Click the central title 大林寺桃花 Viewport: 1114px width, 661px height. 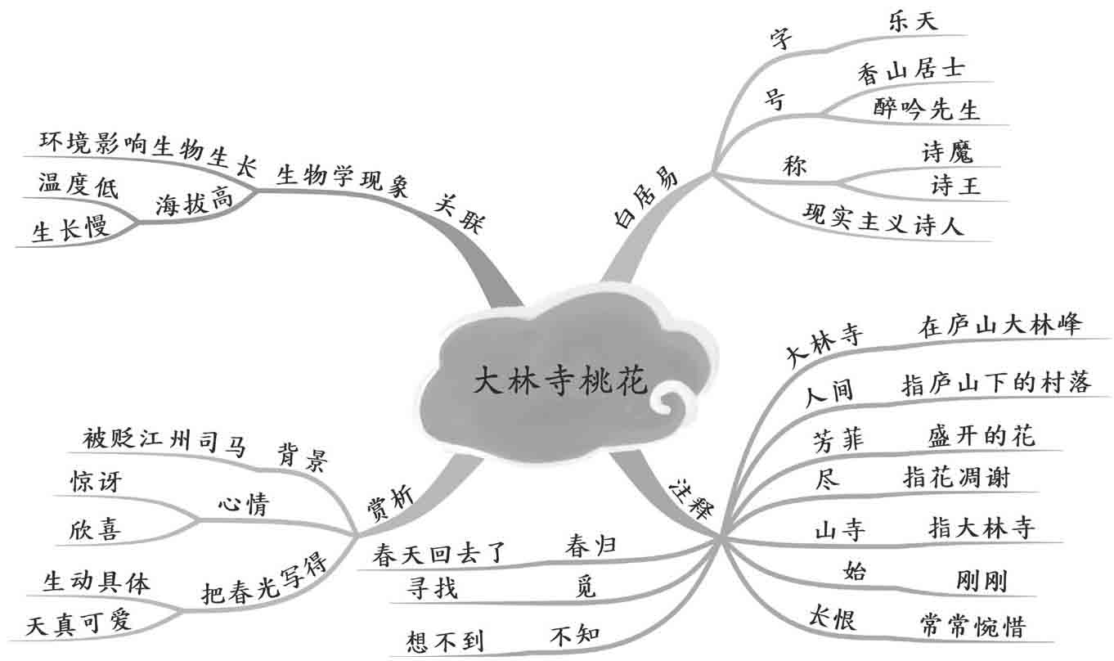point(560,381)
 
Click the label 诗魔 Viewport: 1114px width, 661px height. point(947,151)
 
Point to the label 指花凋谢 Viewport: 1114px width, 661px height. point(956,477)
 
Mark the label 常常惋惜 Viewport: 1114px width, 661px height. point(972,626)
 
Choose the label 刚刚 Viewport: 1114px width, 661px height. point(981,581)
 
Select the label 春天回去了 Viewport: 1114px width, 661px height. point(441,555)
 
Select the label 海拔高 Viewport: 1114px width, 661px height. point(194,202)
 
